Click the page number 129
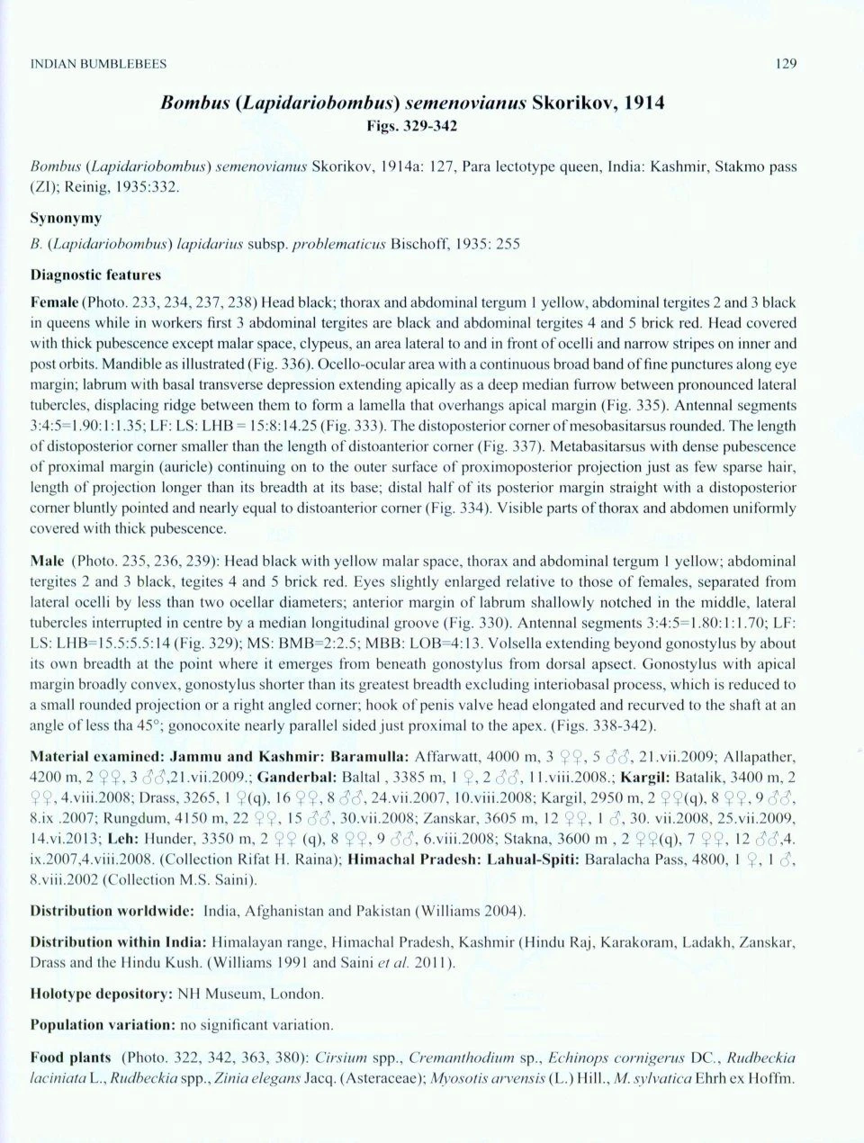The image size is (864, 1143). [785, 64]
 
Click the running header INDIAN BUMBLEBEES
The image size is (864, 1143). [98, 64]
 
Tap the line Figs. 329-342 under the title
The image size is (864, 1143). [412, 126]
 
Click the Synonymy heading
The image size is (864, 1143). [66, 219]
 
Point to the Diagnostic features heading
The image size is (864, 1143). [95, 274]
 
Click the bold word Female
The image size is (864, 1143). [54, 303]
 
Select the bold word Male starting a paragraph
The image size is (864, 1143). [47, 562]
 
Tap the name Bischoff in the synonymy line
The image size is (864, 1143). [421, 244]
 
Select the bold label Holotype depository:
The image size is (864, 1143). [101, 994]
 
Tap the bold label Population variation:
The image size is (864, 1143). [102, 1025]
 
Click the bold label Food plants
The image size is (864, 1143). [70, 1057]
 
